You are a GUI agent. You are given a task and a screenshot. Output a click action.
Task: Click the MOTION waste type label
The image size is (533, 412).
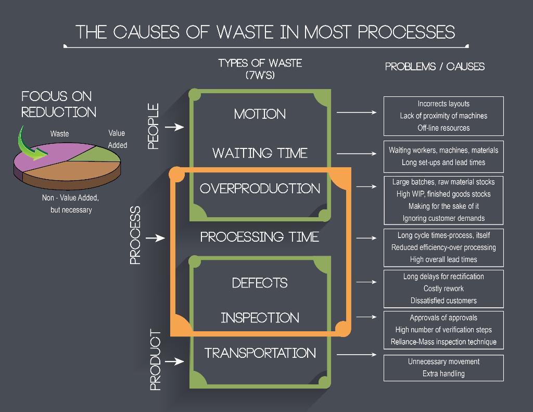tap(260, 114)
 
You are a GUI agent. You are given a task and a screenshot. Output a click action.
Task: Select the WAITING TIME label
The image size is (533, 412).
tap(260, 153)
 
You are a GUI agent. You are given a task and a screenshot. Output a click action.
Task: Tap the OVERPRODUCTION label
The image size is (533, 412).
tap(260, 189)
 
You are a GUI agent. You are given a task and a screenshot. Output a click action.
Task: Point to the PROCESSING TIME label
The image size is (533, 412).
tap(260, 237)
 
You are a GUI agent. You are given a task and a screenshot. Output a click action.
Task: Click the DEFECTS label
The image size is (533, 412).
tap(260, 283)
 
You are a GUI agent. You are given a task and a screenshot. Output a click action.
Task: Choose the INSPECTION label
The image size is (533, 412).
tap(260, 318)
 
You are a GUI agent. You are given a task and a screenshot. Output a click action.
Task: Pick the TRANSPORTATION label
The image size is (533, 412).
tap(260, 353)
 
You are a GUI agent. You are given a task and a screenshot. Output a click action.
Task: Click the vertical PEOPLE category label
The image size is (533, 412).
tap(153, 127)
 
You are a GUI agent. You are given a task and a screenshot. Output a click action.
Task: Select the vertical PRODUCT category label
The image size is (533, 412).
tap(155, 360)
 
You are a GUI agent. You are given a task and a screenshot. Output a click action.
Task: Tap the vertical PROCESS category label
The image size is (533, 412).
tap(135, 235)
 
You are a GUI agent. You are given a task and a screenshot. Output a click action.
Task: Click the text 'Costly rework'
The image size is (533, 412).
tap(443, 289)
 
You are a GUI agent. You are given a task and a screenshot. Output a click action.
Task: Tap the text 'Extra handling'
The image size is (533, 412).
tap(443, 373)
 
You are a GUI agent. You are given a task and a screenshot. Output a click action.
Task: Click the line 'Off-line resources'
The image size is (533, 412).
tap(443, 128)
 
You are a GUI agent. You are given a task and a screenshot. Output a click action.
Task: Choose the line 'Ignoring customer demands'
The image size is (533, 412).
tap(443, 218)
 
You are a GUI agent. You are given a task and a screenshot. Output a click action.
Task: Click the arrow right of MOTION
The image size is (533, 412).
tap(356, 113)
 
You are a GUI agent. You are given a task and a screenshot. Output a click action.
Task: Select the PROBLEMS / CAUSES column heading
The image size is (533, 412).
tap(435, 67)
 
